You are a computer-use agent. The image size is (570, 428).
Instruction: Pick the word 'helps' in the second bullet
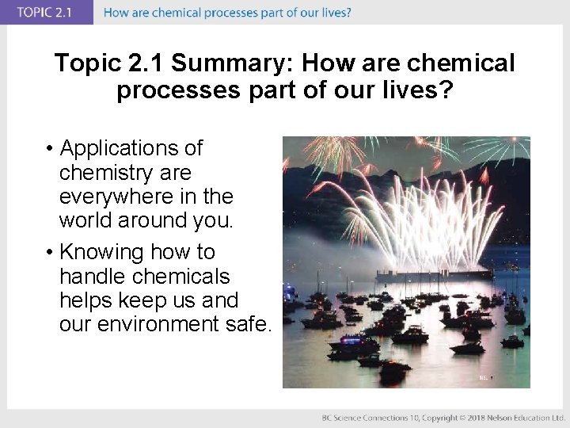[x=89, y=300]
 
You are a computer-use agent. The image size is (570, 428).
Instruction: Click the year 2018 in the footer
[x=474, y=417]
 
